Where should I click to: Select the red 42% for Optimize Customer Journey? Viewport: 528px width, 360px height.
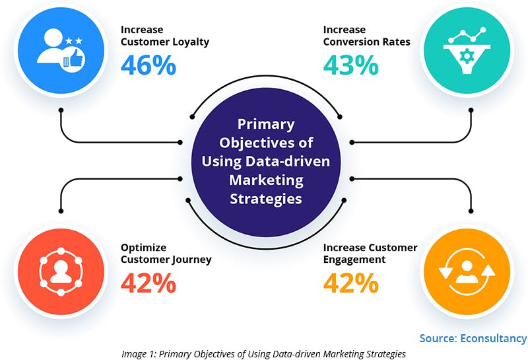click(148, 282)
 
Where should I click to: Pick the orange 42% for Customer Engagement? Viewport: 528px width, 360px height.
click(350, 282)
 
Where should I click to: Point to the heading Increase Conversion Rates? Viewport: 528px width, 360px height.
click(366, 36)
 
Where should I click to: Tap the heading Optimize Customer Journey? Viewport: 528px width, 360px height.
click(166, 253)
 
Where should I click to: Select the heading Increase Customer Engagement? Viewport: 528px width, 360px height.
click(370, 253)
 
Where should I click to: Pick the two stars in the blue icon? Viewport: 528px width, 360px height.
click(73, 41)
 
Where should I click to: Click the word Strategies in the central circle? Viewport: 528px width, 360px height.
click(266, 199)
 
